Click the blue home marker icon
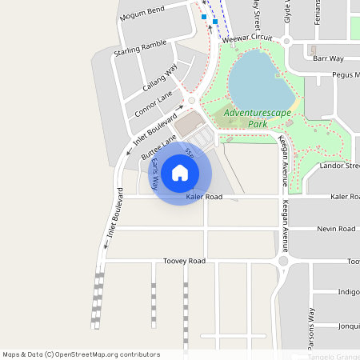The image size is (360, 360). (x=180, y=173)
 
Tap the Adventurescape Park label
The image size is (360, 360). (x=258, y=118)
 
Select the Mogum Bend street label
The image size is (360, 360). (x=141, y=13)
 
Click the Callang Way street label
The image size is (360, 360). (x=160, y=80)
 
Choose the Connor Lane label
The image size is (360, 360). (x=154, y=102)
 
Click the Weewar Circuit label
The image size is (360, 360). (x=247, y=38)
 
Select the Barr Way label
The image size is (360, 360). (x=328, y=58)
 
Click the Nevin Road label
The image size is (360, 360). (x=335, y=229)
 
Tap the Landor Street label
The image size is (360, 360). (x=339, y=166)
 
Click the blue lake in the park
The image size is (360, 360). (x=260, y=80)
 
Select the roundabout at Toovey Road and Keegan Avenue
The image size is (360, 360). (x=282, y=261)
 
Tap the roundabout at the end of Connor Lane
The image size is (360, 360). (x=191, y=101)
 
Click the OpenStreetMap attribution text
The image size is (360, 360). (x=81, y=354)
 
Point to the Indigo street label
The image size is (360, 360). (x=348, y=292)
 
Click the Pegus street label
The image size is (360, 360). (x=346, y=75)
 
